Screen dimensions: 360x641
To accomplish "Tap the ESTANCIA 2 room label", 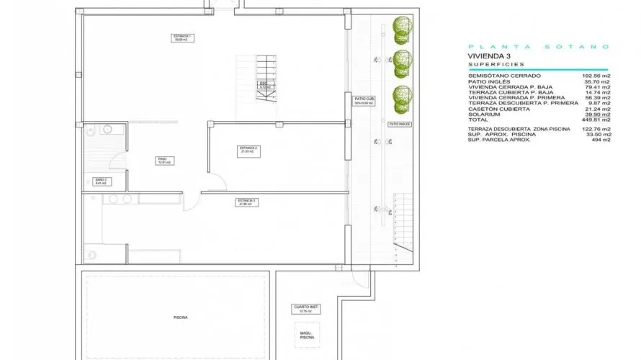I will [248, 149].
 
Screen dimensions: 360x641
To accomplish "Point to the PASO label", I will [163, 161].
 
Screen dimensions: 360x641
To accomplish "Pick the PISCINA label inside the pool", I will [181, 317].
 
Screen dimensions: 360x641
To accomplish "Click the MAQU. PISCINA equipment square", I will [307, 336].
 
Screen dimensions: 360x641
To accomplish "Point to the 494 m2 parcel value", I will [601, 140].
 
